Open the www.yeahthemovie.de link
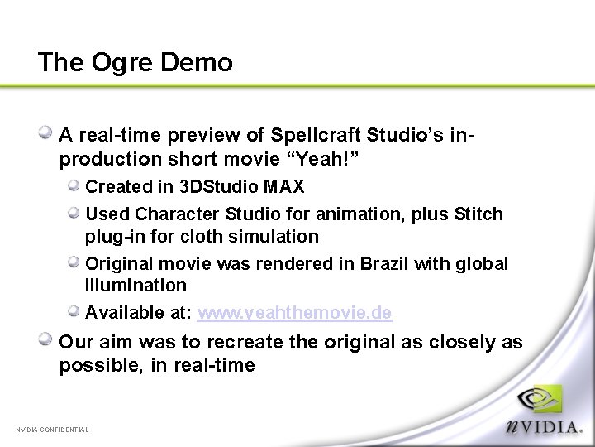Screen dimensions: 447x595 295,313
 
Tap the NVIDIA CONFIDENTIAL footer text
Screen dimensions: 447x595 52,430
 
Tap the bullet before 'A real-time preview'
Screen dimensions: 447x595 48,132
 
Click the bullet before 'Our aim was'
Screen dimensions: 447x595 48,339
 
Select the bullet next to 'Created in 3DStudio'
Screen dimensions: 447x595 74,185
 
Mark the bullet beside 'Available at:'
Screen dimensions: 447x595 74,311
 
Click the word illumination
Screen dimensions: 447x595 136,286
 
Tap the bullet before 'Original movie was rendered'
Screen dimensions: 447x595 74,262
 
